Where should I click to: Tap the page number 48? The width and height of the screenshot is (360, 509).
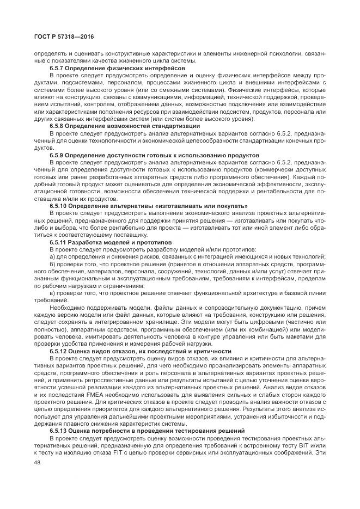tap(38, 463)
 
